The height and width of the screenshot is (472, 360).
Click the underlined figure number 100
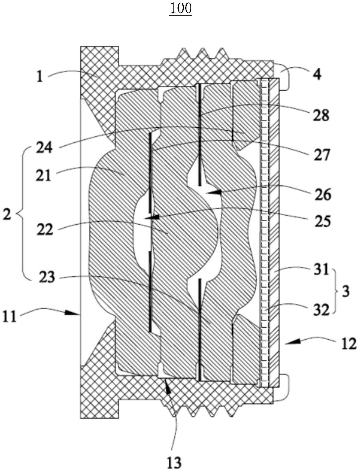(181, 9)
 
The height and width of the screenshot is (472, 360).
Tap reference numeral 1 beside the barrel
(39, 77)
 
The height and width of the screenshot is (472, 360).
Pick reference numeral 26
(322, 195)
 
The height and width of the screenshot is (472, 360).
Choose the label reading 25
(322, 221)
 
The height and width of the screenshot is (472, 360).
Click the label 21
(43, 175)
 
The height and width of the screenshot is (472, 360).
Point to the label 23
(47, 277)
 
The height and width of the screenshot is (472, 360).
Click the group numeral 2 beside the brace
(7, 214)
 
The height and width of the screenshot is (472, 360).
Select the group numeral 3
(346, 292)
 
